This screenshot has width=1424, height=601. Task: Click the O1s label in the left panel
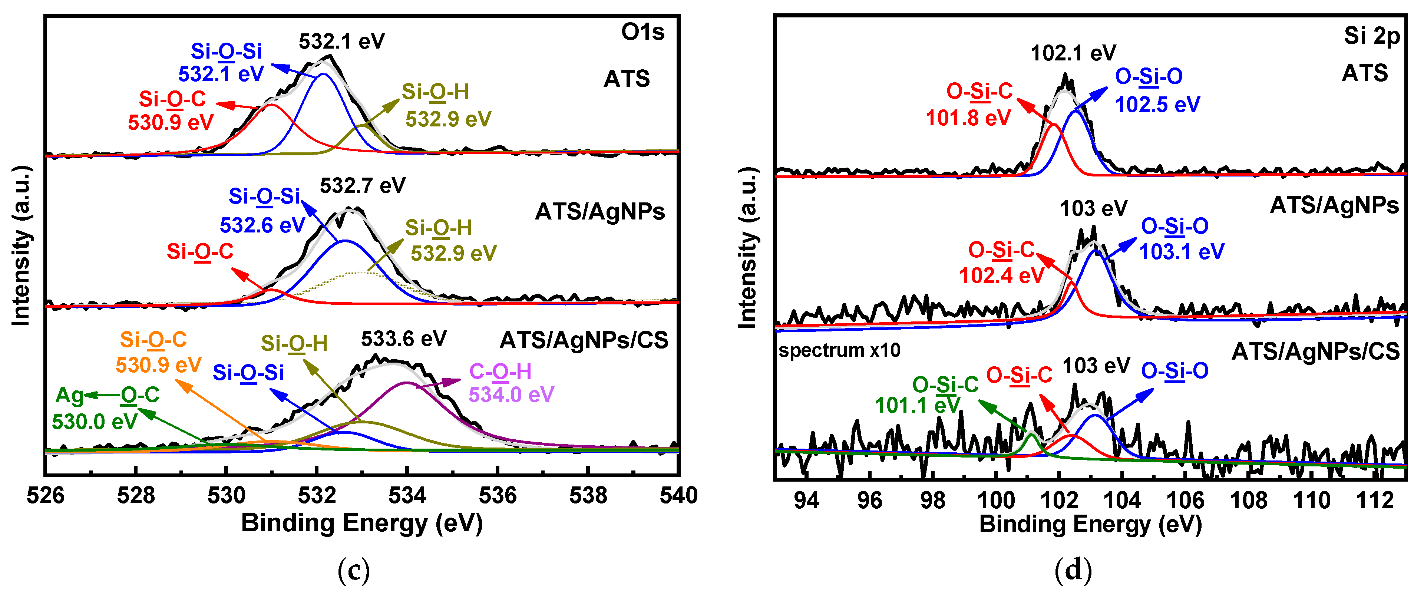[x=642, y=32]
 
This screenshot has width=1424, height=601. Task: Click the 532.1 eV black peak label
[x=341, y=41]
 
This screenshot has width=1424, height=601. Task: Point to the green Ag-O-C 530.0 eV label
[x=105, y=408]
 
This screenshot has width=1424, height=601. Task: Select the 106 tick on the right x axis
[x=1185, y=501]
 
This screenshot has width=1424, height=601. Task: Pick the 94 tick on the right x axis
[x=806, y=501]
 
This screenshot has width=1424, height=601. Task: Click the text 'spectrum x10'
[x=839, y=350]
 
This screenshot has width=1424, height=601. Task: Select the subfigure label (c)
[x=353, y=569]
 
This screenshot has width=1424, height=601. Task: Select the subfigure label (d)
[x=1073, y=569]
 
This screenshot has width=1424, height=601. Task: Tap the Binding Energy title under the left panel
[x=361, y=523]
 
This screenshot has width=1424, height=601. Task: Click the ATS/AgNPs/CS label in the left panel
[x=584, y=340]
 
